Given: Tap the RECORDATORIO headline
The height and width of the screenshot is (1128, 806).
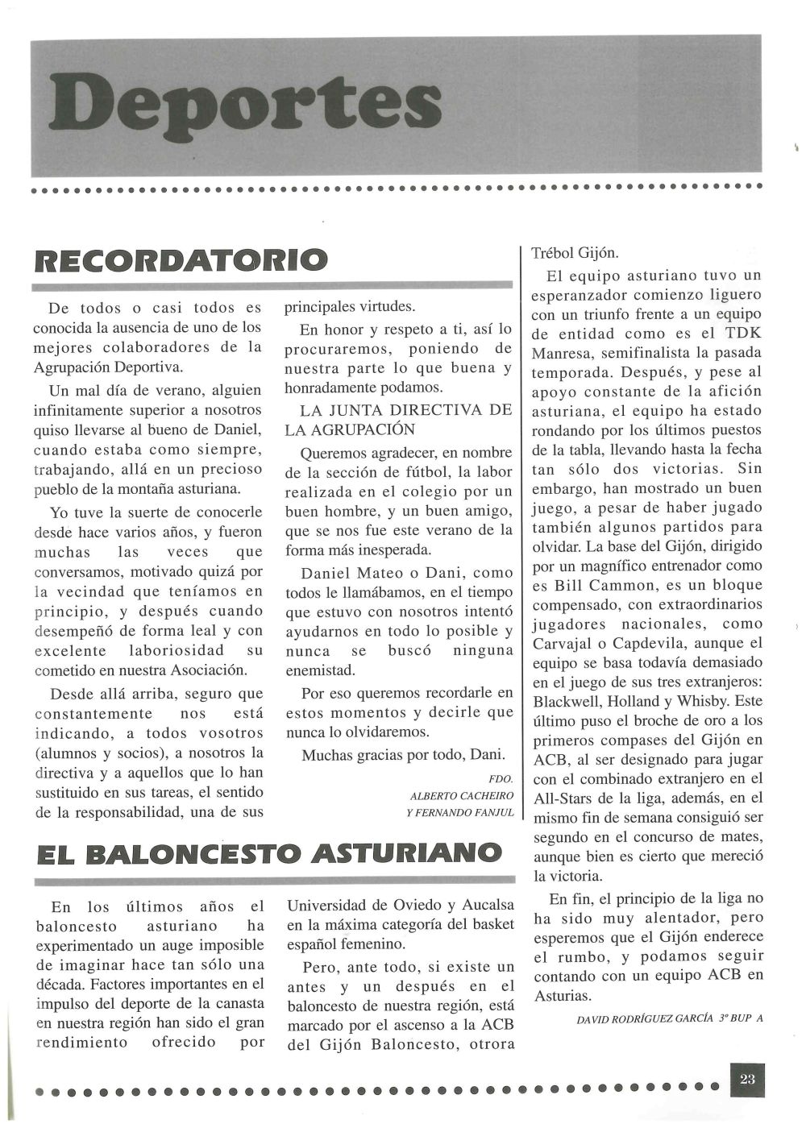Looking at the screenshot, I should pos(181,259).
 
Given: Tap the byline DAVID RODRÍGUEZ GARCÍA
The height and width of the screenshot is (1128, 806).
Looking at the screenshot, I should pos(646,1018).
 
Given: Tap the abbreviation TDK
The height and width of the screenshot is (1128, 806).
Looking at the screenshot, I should pos(741,334).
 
